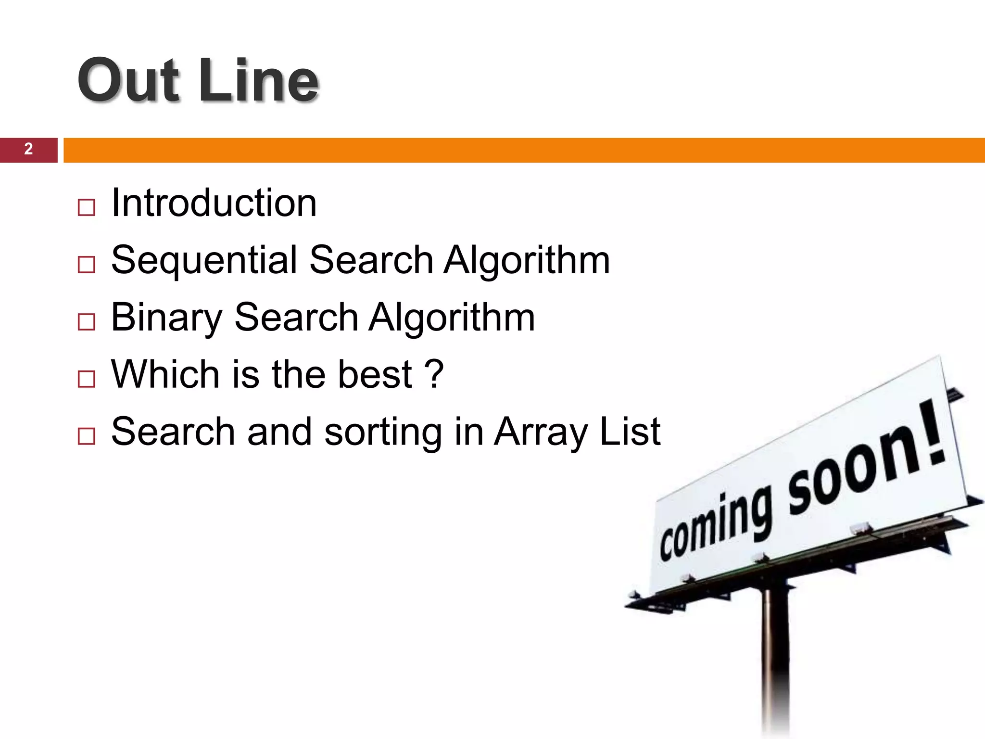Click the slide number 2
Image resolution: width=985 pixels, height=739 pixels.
28,149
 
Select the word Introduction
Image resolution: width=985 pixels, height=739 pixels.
214,203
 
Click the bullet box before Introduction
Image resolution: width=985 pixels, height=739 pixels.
86,207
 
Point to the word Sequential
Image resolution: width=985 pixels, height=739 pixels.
204,260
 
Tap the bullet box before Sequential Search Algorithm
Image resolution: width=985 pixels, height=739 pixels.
86,265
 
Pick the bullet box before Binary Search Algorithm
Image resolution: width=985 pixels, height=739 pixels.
86,322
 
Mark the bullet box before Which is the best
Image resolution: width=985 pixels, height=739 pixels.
86,379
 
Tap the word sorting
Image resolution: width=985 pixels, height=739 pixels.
383,432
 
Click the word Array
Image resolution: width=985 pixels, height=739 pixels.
541,432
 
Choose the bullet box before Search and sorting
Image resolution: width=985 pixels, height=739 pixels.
86,436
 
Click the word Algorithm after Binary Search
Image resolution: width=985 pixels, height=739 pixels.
452,318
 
